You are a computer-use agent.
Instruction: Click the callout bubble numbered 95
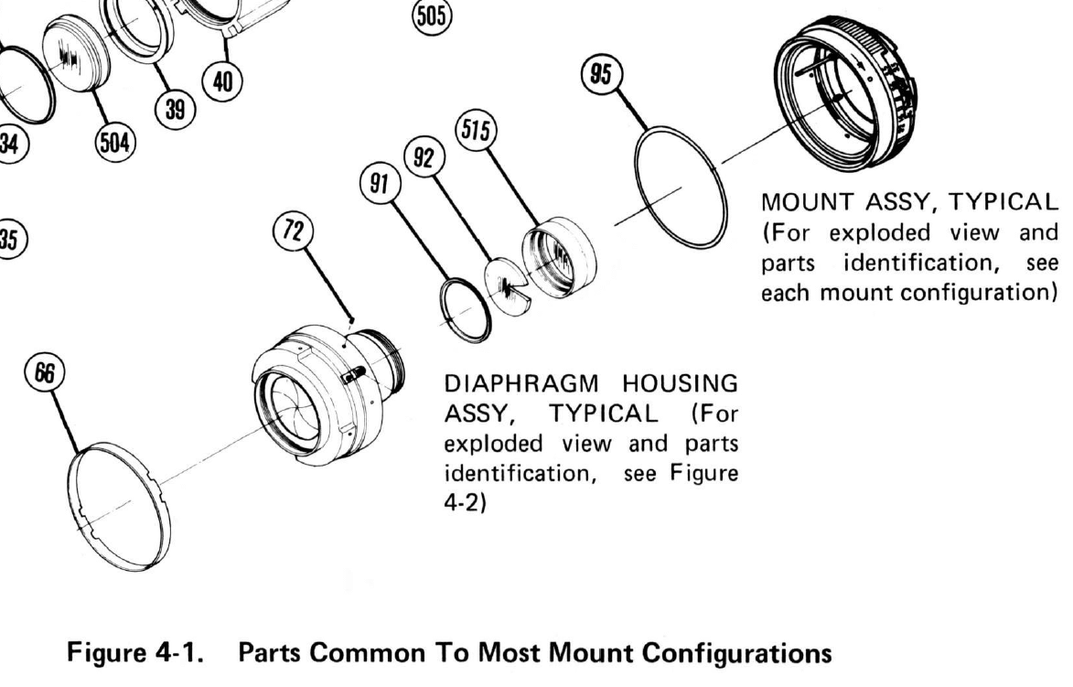pos(604,75)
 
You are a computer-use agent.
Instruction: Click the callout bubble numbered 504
pos(115,141)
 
